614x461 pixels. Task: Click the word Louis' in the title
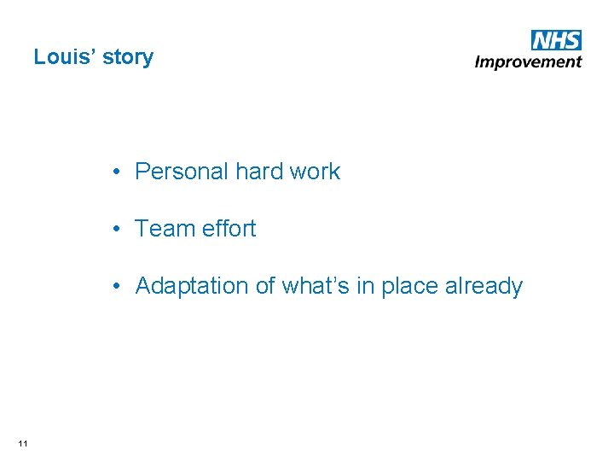62,57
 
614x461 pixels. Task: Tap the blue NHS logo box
555,39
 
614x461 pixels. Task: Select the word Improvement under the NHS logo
528,61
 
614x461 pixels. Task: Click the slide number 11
23,442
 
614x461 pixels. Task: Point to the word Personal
181,172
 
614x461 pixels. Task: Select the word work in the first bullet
315,172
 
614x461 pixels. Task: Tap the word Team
165,229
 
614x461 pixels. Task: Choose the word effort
229,229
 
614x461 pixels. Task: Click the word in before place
365,286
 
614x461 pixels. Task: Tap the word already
484,287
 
